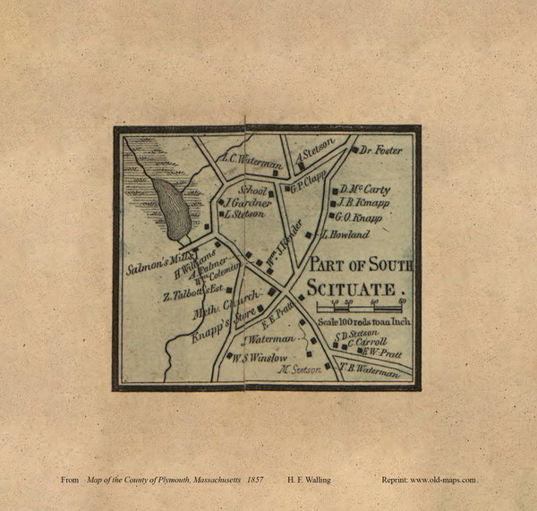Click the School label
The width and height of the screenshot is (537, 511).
pyautogui.click(x=253, y=191)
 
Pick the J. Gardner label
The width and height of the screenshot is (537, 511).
pyautogui.click(x=248, y=203)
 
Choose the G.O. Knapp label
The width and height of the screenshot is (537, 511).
pyautogui.click(x=359, y=217)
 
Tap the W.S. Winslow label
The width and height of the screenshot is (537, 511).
pyautogui.click(x=260, y=358)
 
